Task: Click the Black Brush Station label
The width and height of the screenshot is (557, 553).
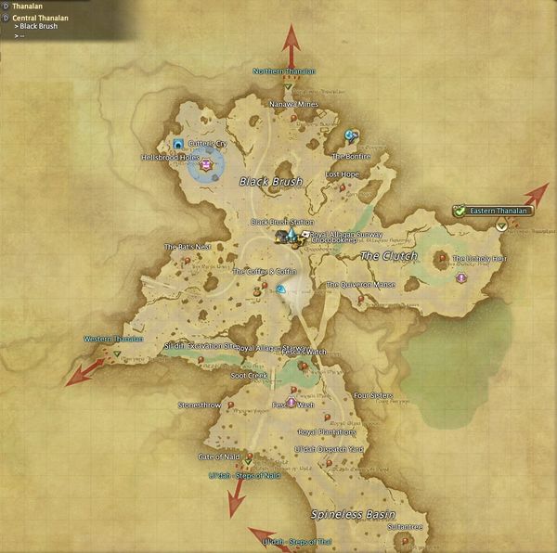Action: pos(282,223)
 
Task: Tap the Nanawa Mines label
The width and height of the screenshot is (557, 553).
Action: pos(294,105)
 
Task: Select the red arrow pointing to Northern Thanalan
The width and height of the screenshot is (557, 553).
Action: pos(291,43)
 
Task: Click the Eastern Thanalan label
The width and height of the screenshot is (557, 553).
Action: pos(498,211)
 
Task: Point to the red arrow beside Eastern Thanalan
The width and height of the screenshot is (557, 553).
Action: pos(535,195)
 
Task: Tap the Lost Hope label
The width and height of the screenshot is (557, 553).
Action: pos(342,174)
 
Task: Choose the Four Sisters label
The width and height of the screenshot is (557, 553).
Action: pos(373,395)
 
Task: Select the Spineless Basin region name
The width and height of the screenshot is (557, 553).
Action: pos(353,513)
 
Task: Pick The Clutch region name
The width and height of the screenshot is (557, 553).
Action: pos(388,255)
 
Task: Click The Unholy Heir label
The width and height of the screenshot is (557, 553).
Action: pos(479,258)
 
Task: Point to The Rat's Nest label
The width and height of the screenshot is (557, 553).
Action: pos(188,247)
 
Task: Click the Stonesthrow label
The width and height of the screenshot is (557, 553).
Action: pos(200,405)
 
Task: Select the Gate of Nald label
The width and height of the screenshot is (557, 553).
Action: pos(219,457)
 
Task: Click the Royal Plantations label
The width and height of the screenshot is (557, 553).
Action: pos(326,432)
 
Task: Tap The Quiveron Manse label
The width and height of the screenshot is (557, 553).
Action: pos(361,285)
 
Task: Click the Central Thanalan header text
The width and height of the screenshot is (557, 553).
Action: pos(40,17)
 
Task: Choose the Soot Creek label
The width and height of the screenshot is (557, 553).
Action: pos(249,376)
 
